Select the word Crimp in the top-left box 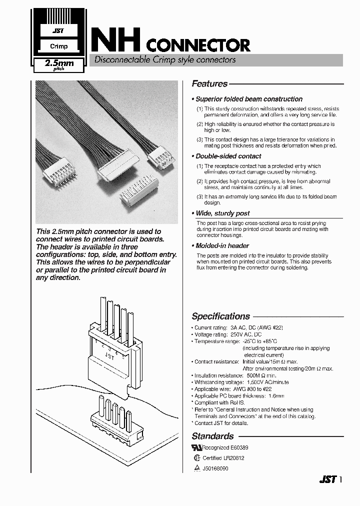coord(58,46)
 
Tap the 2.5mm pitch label coord(59,64)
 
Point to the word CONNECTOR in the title coord(198,45)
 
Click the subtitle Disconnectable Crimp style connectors coord(162,60)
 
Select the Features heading coord(209,84)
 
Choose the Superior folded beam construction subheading coord(249,99)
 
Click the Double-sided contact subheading coord(228,156)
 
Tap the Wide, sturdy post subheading coord(222,213)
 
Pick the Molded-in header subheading coord(222,245)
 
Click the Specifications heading coord(220,316)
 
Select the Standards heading coord(212,436)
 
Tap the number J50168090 coord(215,468)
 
